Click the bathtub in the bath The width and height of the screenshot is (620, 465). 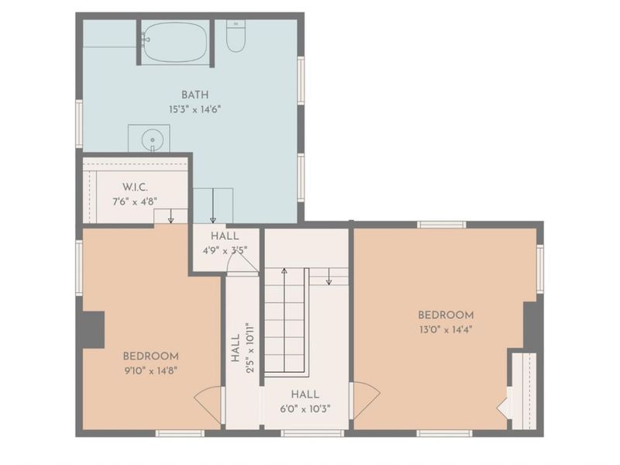(x=175, y=42)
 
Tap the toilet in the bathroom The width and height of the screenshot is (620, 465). (x=236, y=36)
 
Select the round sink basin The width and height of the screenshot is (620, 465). (x=152, y=139)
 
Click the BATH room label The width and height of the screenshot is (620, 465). (x=195, y=95)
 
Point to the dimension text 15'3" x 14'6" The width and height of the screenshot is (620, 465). (x=195, y=109)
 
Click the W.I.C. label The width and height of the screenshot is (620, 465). (x=135, y=187)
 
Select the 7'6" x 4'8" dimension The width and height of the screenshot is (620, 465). (x=135, y=201)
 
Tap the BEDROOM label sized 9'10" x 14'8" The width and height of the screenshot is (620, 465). (x=150, y=356)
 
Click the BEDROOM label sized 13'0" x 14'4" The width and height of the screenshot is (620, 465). (x=446, y=315)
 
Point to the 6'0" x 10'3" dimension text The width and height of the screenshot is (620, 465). (x=305, y=409)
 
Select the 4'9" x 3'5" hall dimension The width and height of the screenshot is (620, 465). (x=225, y=250)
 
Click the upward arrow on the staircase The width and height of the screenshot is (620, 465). (x=284, y=320)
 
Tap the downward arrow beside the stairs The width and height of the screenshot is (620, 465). (x=329, y=277)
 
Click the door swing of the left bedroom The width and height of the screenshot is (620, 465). (x=208, y=408)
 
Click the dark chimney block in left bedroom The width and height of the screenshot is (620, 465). (x=93, y=330)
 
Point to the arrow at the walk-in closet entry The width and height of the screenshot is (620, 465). (x=170, y=216)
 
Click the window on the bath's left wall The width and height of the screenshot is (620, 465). (x=79, y=124)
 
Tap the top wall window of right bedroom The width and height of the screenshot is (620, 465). (x=442, y=225)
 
